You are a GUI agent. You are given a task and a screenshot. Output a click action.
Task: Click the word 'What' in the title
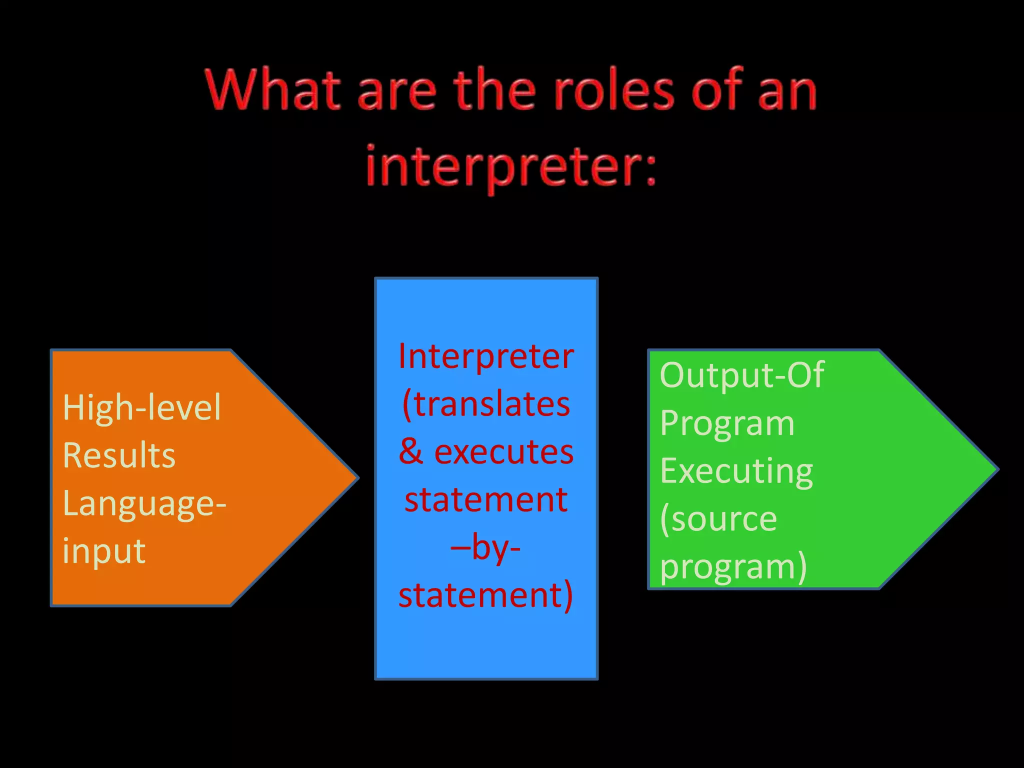(273, 90)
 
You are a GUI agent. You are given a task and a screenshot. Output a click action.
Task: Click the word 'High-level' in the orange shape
(141, 407)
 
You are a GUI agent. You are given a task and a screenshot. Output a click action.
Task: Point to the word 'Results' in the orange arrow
(119, 455)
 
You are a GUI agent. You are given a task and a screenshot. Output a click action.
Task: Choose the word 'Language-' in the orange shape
(144, 503)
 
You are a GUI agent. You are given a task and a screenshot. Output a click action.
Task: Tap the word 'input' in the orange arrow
(104, 551)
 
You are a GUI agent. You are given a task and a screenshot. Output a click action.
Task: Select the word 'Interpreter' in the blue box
(486, 356)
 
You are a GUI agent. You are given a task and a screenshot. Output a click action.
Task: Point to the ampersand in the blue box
(411, 451)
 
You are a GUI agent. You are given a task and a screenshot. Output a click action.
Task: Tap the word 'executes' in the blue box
(503, 451)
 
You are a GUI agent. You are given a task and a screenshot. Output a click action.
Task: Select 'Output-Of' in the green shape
(741, 375)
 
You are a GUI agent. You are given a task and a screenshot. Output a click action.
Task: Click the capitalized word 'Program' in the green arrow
(727, 423)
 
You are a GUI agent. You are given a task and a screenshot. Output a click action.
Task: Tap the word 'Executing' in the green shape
(736, 471)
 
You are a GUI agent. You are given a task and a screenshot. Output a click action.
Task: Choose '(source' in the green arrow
(718, 518)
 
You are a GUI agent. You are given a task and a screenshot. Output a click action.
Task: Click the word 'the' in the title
(494, 90)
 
